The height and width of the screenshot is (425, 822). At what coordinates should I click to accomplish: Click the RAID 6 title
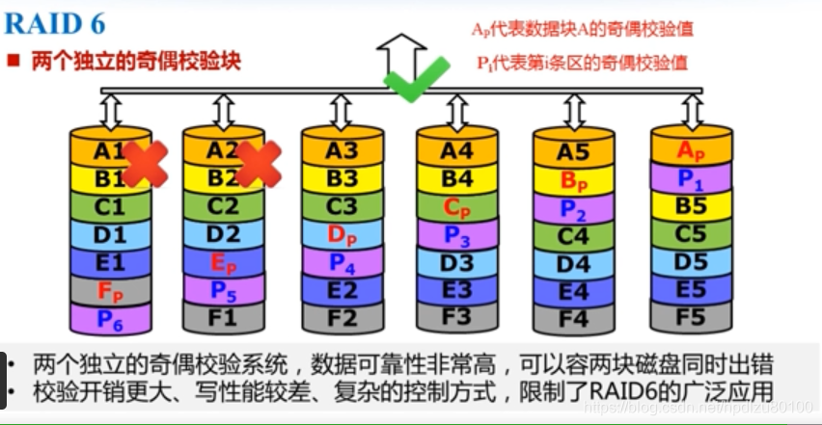coord(55,23)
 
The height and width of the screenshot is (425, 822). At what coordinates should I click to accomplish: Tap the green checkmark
coord(417,78)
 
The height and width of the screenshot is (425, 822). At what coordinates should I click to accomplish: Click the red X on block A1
coord(144,164)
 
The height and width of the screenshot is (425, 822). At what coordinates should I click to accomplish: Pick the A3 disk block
coord(342,151)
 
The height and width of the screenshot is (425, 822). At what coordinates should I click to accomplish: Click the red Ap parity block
coord(691,150)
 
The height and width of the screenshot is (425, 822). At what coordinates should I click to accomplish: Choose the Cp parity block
coord(457,206)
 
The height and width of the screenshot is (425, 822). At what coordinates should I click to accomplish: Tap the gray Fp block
coord(110,289)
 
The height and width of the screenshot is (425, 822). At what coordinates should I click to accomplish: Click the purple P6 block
coord(110,317)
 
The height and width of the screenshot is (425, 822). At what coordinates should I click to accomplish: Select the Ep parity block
coord(223,261)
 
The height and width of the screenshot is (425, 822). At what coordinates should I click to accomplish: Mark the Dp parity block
coord(342,234)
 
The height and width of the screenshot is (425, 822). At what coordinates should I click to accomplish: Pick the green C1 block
coord(110,206)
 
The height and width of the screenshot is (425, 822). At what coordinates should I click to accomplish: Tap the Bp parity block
coord(573,180)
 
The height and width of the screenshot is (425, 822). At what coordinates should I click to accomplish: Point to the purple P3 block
coord(457,234)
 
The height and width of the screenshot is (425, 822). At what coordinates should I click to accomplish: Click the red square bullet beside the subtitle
coord(14,61)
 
